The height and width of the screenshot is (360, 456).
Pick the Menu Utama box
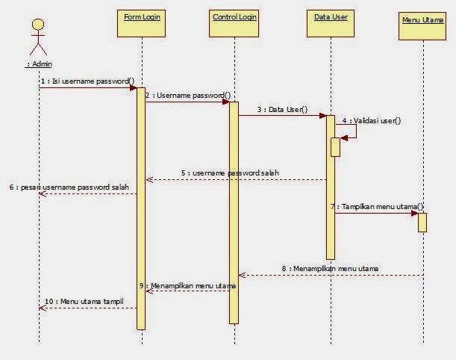(422, 24)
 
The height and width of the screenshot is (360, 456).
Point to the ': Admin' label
(38, 64)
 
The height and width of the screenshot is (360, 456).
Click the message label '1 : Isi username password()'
(88, 81)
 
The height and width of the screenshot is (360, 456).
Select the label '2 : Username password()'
(188, 95)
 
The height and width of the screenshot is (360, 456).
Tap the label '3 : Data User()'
(282, 109)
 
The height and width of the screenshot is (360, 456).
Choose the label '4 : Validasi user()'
(372, 120)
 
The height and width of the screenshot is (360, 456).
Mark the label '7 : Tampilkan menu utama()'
(378, 206)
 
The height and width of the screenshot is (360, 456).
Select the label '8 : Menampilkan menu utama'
(330, 267)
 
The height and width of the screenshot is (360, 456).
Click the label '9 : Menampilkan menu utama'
(188, 285)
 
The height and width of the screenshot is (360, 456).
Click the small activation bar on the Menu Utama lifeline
(422, 222)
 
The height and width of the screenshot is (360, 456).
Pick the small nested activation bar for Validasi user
(335, 146)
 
